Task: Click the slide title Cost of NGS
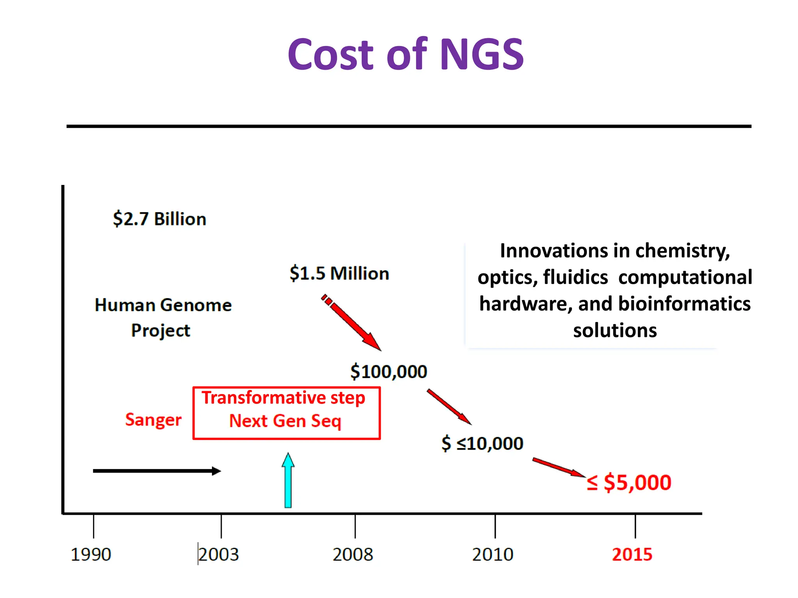click(x=405, y=55)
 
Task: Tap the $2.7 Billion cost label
click(x=159, y=219)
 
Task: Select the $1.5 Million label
click(x=339, y=273)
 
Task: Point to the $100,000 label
click(x=388, y=371)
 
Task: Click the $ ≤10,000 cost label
click(x=482, y=443)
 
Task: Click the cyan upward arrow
click(x=288, y=481)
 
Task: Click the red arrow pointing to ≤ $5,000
click(x=558, y=467)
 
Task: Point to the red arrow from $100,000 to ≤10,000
click(x=449, y=406)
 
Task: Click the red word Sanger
click(x=153, y=420)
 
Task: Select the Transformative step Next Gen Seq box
click(x=286, y=413)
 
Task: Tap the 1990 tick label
click(x=91, y=554)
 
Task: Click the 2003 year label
click(x=219, y=554)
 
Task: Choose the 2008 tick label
click(x=353, y=554)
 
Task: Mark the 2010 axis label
click(x=493, y=554)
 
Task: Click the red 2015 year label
click(x=632, y=554)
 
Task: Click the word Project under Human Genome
click(x=161, y=331)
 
